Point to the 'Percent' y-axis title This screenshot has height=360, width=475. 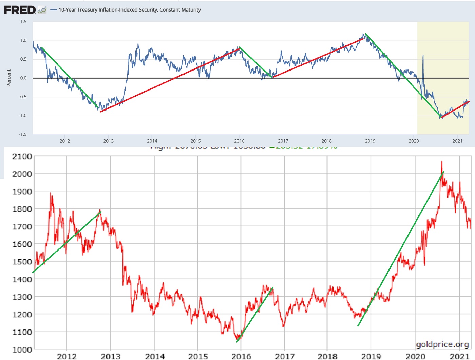tap(9, 78)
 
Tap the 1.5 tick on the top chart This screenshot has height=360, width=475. tap(23, 22)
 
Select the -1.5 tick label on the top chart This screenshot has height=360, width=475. tap(22, 134)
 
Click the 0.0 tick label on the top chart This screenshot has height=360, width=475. tap(23, 78)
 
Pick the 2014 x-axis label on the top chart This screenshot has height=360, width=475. tap(152, 141)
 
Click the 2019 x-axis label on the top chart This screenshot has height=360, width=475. tap(370, 141)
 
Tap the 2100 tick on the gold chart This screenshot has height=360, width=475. tap(22, 157)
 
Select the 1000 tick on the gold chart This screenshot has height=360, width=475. tap(22, 349)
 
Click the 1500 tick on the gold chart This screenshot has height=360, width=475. tap(22, 262)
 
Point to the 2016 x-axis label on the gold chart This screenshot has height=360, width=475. tap(241, 356)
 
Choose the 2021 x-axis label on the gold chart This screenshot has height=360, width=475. tap(459, 356)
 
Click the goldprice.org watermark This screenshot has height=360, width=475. tap(442, 344)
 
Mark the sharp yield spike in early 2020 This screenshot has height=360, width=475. tap(423, 56)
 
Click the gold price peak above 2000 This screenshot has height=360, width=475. tap(442, 162)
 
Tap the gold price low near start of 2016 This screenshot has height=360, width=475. tap(237, 339)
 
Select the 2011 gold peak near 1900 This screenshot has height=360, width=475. tap(51, 194)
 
